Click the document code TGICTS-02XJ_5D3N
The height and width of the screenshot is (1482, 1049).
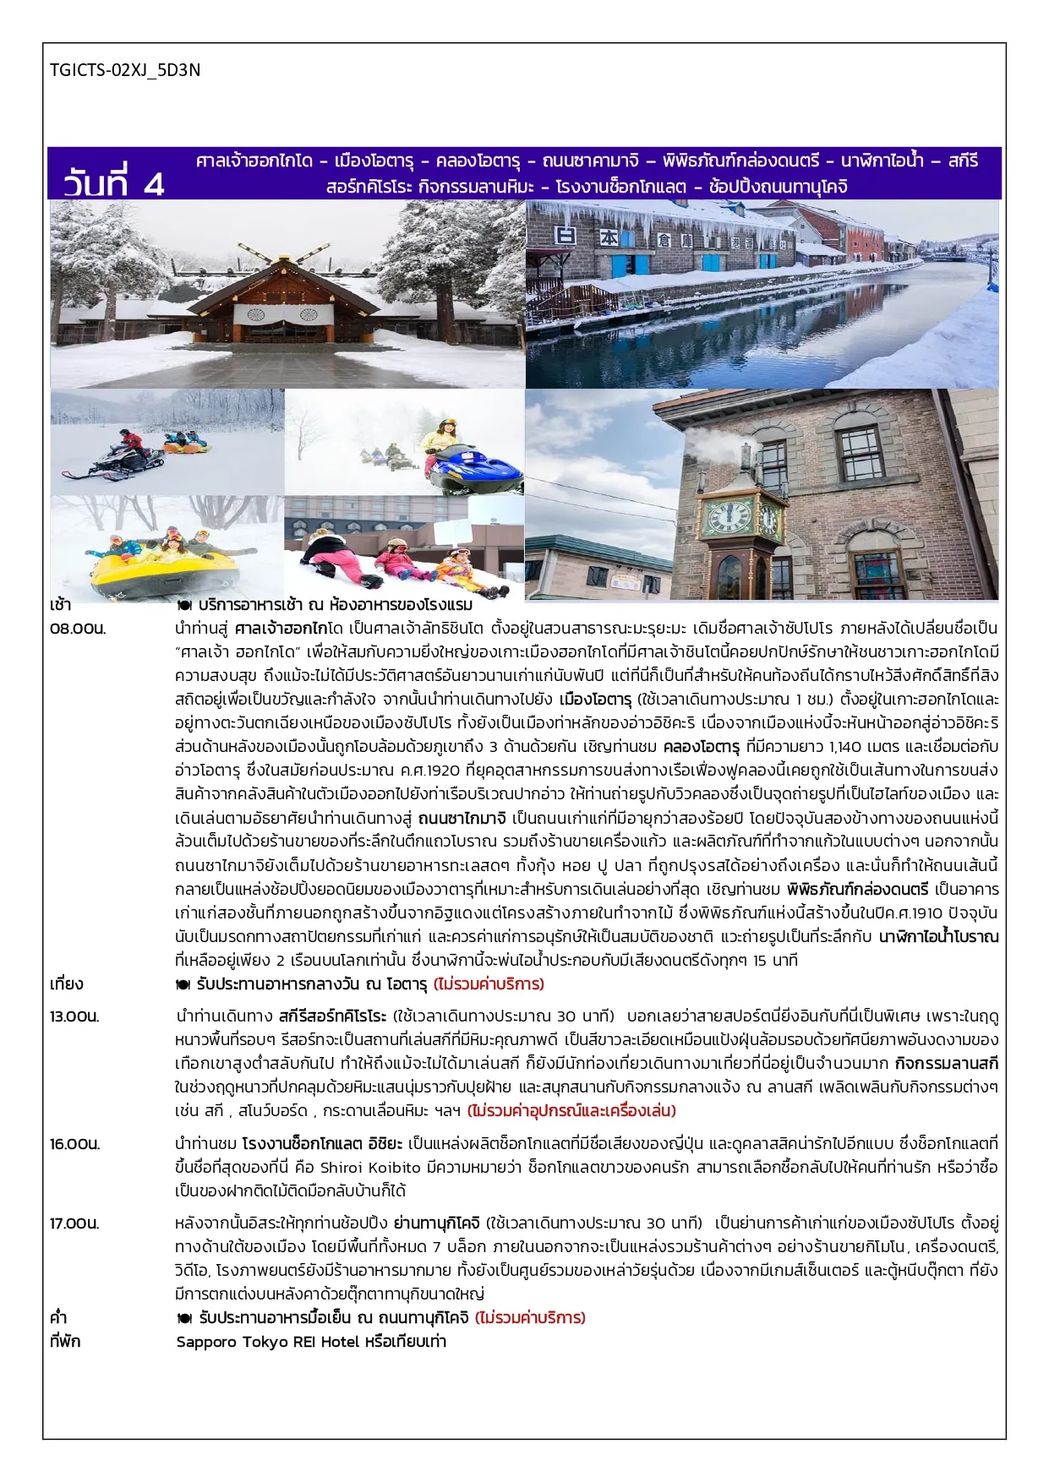[125, 70]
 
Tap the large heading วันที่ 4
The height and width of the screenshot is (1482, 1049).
[113, 183]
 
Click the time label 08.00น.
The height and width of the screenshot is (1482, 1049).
[78, 629]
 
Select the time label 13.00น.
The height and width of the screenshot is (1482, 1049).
[74, 1016]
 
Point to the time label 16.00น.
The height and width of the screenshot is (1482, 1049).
[74, 1144]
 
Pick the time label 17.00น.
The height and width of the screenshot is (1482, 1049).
[74, 1223]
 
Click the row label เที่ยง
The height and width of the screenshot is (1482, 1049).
[66, 984]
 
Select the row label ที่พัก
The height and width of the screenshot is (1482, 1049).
[65, 1342]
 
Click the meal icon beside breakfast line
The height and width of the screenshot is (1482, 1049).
[183, 605]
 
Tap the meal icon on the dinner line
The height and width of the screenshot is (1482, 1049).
[183, 1318]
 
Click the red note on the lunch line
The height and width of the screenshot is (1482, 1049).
[489, 984]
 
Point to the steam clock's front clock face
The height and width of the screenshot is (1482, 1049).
[728, 516]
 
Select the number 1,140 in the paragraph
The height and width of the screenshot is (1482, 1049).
[847, 747]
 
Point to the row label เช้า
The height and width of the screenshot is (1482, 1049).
[61, 605]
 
